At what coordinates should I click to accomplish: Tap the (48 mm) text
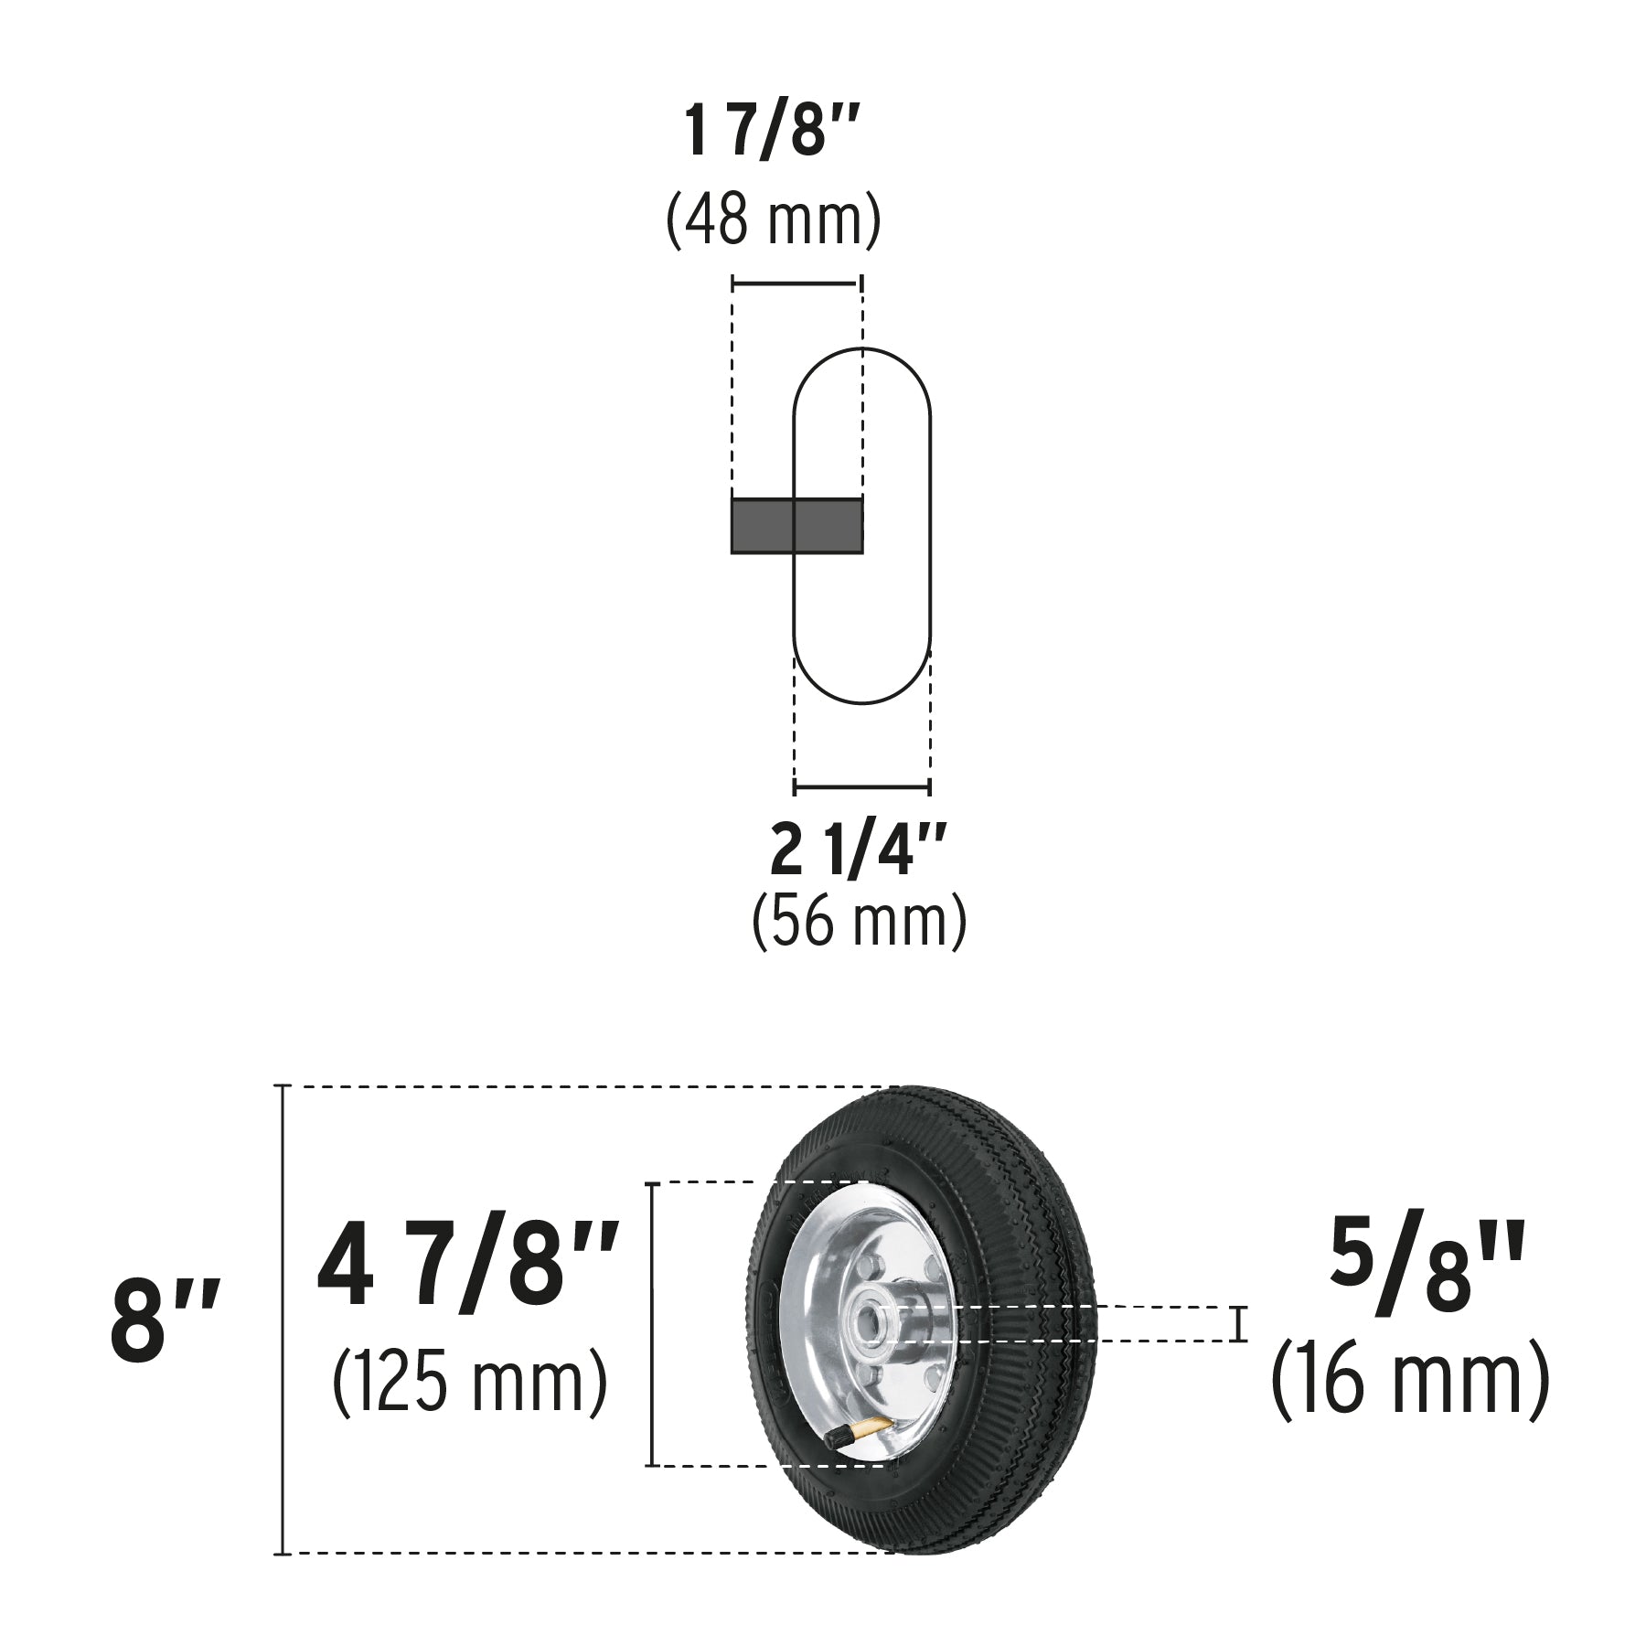[773, 220]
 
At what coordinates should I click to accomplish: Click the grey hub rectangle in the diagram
[796, 526]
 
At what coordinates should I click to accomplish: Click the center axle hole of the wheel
[865, 1325]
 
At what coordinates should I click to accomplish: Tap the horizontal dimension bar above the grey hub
[796, 284]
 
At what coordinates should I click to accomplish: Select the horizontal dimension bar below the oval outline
[861, 786]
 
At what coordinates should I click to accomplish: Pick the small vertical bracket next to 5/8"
[1239, 1324]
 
